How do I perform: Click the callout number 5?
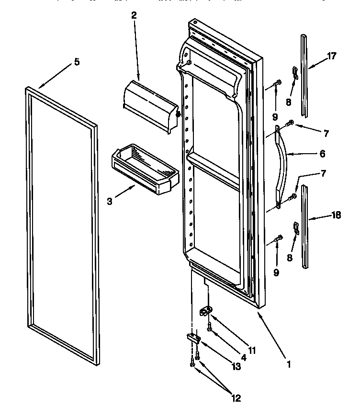77,62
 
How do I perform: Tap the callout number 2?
134,15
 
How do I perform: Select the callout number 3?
109,202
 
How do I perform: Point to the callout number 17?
331,56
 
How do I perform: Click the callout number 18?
336,215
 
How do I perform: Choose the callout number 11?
252,350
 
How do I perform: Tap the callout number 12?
235,398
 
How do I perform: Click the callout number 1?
288,364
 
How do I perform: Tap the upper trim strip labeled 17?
304,75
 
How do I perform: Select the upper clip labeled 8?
294,73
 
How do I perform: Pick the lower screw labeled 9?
277,239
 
